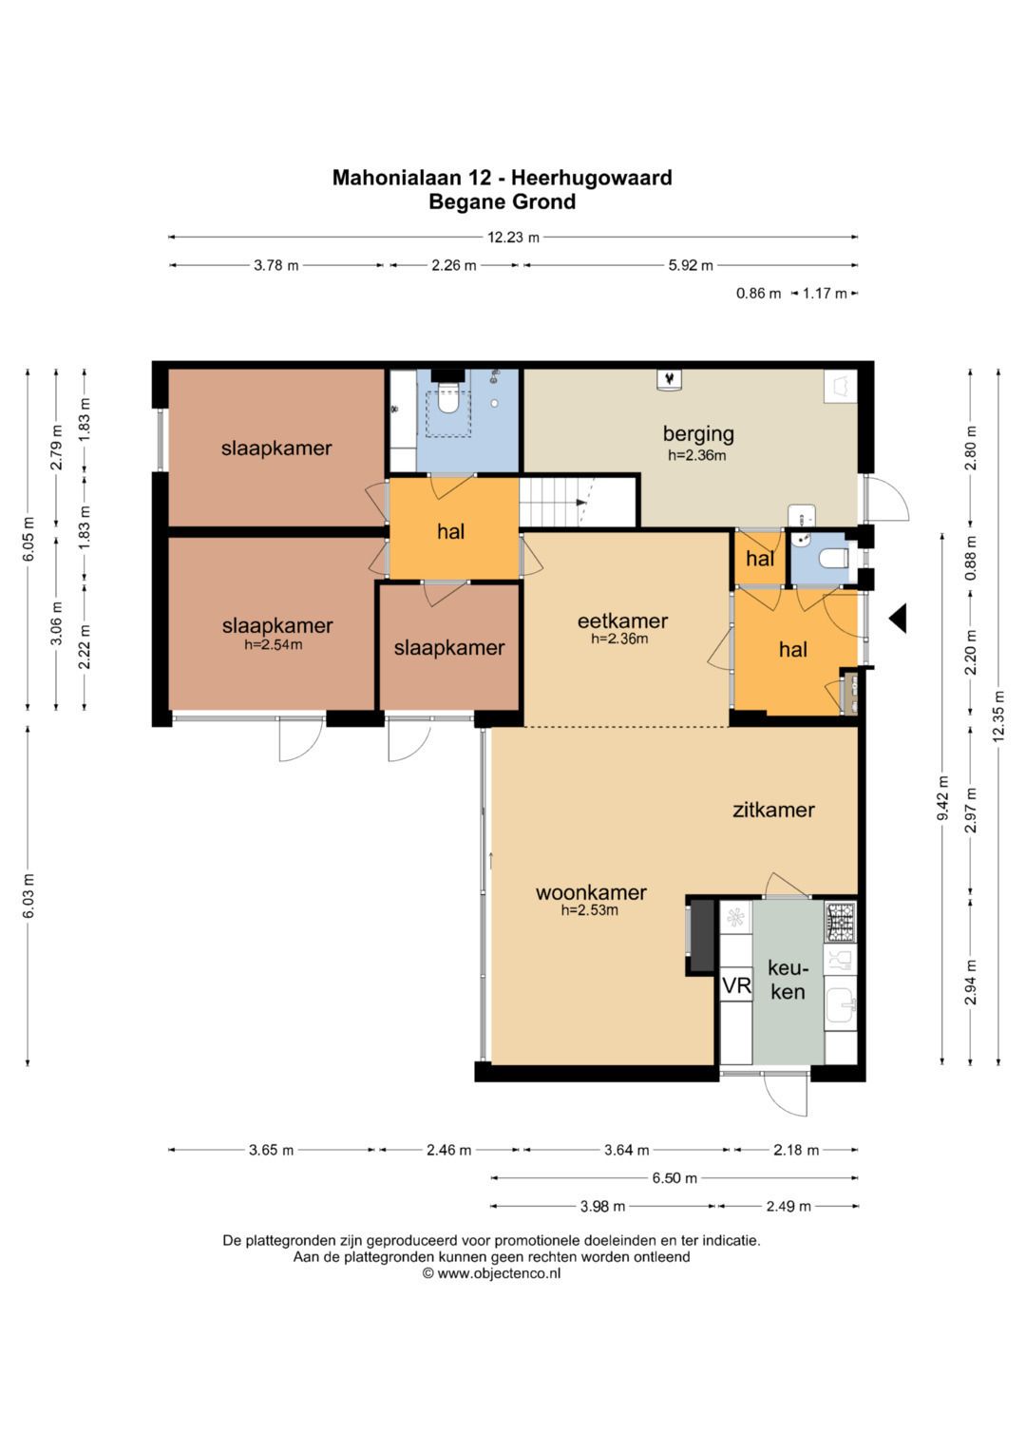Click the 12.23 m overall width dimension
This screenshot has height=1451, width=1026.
click(x=513, y=238)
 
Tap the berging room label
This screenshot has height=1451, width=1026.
click(x=697, y=434)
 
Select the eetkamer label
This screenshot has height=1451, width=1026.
click(x=622, y=620)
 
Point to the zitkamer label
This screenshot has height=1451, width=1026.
click(x=773, y=810)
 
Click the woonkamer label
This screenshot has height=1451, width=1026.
click(x=591, y=892)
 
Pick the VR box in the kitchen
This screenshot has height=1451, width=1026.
click(x=736, y=985)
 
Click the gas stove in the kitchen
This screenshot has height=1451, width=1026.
click(x=840, y=922)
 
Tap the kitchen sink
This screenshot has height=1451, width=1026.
click(x=841, y=1006)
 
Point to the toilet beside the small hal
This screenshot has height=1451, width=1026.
click(x=834, y=558)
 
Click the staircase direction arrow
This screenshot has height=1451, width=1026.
click(x=581, y=502)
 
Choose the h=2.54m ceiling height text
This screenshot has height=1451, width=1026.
click(x=273, y=644)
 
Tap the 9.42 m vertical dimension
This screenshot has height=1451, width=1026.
click(x=942, y=799)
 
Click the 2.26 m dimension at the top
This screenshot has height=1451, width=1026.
click(x=454, y=265)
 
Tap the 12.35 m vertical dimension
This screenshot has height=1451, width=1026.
click(x=998, y=716)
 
